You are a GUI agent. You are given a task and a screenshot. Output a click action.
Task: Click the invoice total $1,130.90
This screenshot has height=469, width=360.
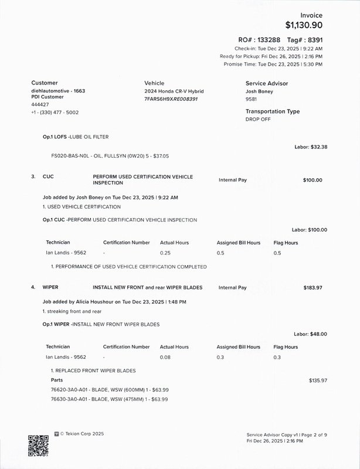click(x=303, y=25)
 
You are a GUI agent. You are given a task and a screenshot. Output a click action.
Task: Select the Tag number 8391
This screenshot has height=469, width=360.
click(x=311, y=39)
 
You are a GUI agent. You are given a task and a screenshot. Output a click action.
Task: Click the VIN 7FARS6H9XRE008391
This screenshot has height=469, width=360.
click(x=171, y=99)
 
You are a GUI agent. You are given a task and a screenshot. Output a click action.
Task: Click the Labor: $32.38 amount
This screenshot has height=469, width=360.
click(x=311, y=147)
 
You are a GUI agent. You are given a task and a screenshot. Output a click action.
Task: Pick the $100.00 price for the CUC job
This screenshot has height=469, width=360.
click(x=313, y=180)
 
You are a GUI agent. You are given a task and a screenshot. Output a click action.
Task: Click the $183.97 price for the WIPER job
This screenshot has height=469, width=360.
click(x=313, y=288)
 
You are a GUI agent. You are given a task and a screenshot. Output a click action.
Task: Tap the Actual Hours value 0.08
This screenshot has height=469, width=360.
click(x=165, y=357)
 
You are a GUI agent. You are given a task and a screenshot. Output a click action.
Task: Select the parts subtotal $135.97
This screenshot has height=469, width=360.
click(x=318, y=380)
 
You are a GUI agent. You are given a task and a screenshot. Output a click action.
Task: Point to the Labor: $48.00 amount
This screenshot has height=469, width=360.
click(x=311, y=334)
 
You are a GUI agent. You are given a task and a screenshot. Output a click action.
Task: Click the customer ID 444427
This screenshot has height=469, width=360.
click(x=40, y=104)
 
